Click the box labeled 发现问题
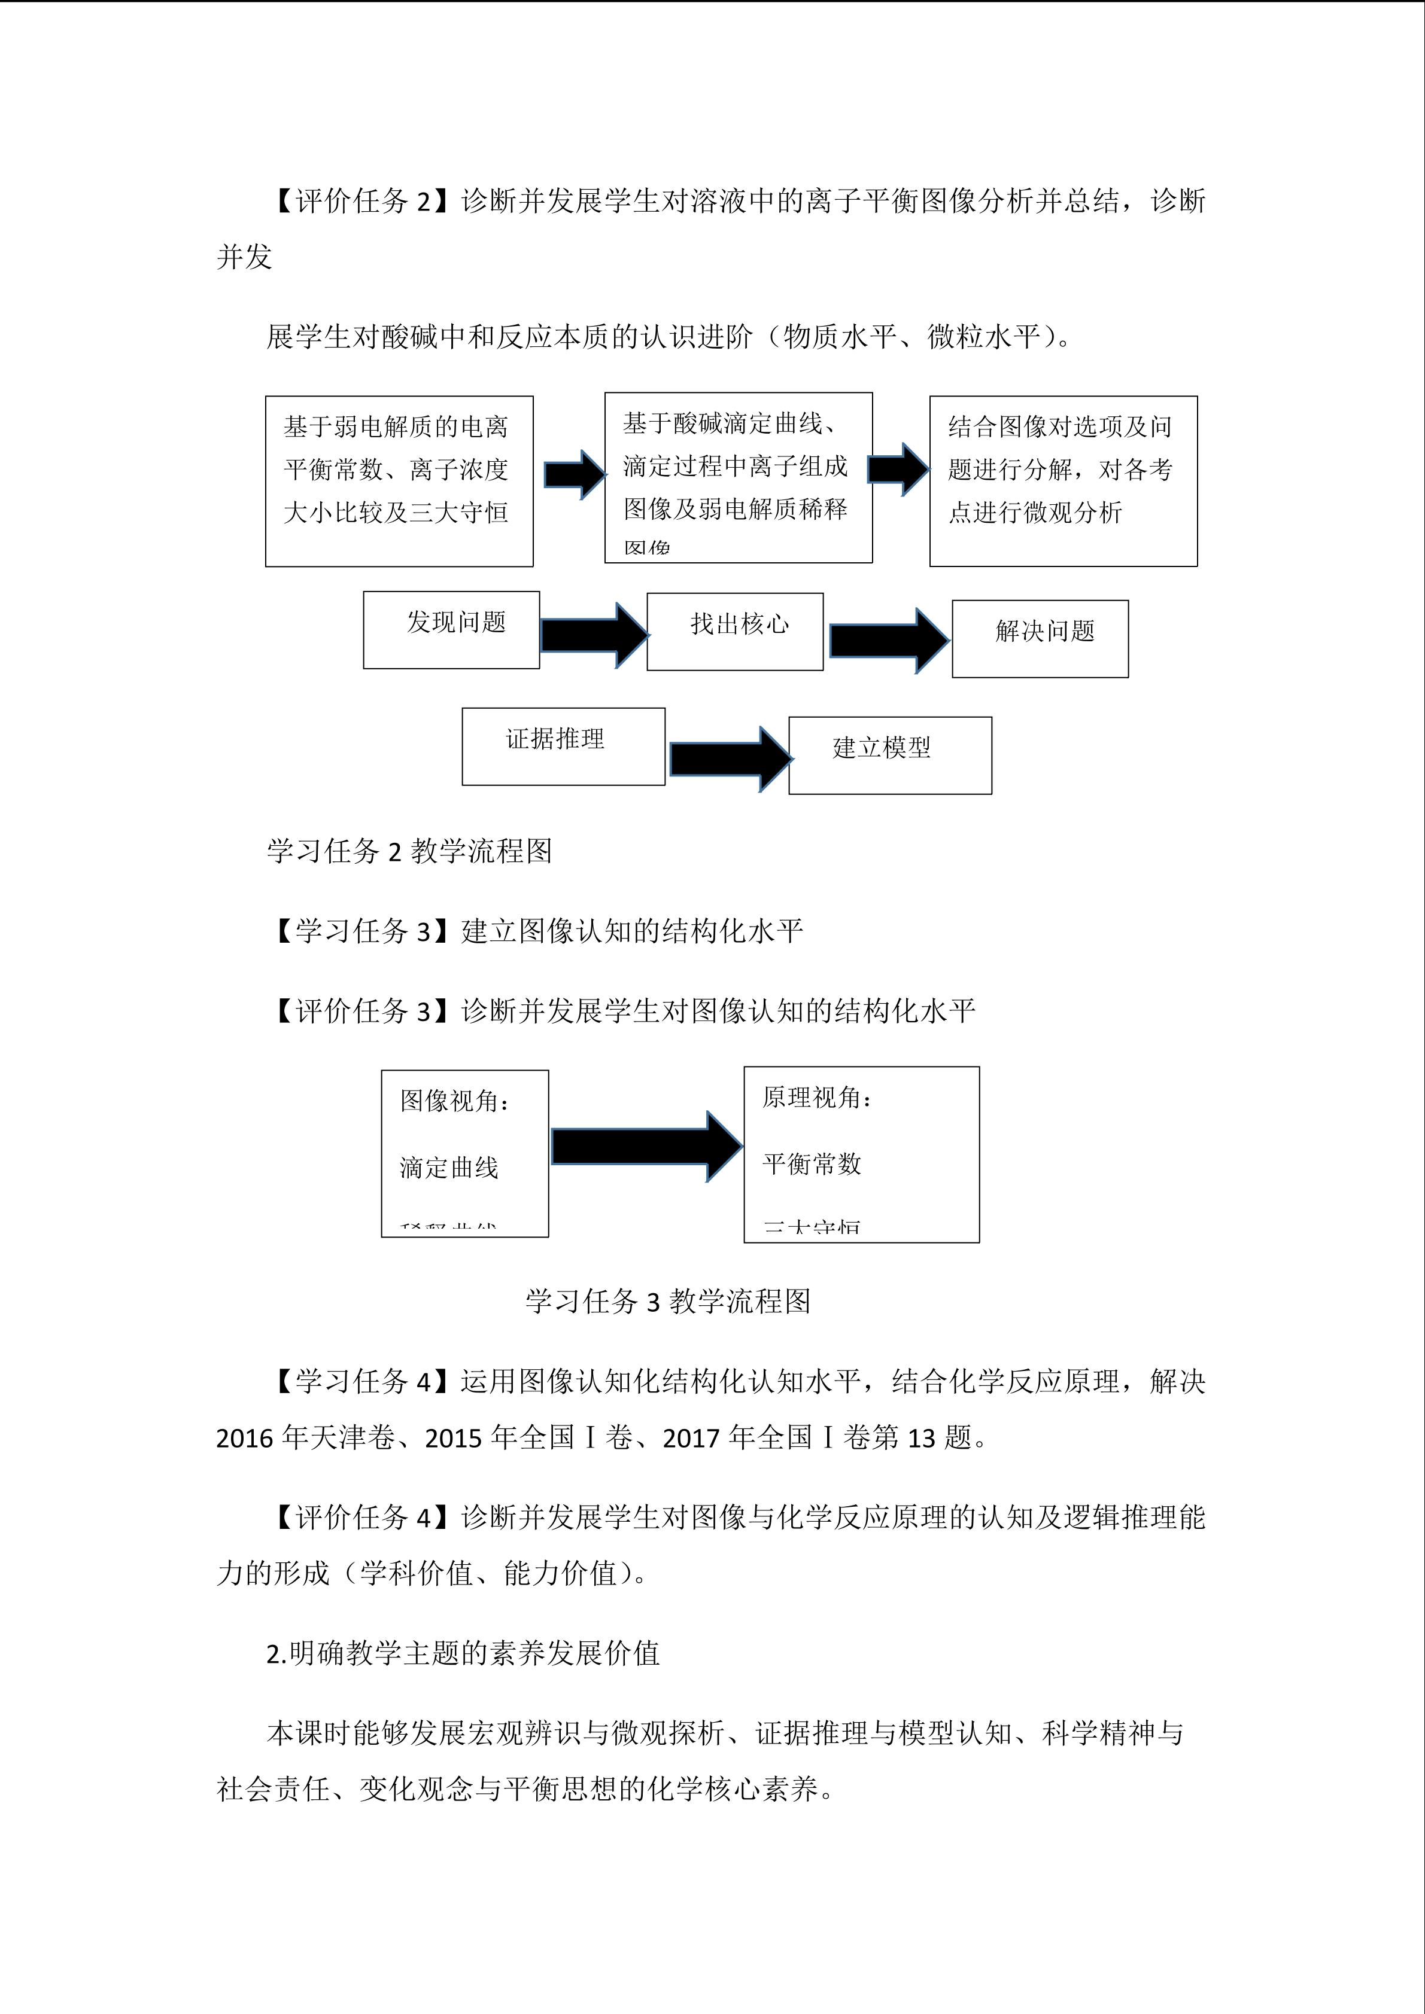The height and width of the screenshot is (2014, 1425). click(451, 630)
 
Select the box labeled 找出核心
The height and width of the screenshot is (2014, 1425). click(734, 632)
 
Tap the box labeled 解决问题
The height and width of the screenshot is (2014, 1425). click(1040, 639)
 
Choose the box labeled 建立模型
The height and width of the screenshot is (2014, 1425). click(890, 755)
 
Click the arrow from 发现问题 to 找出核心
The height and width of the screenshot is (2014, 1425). click(594, 635)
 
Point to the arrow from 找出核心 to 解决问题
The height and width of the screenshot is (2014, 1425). click(888, 641)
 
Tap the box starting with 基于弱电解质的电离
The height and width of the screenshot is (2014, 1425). click(399, 481)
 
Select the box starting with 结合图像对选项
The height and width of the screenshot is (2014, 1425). click(1064, 481)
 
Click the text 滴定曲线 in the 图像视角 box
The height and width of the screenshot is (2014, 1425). click(449, 1168)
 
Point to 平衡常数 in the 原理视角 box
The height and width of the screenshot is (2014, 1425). click(812, 1164)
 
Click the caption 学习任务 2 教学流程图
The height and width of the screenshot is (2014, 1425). click(409, 851)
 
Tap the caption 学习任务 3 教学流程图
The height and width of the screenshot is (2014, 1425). click(668, 1301)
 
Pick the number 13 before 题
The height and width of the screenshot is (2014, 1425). click(920, 1438)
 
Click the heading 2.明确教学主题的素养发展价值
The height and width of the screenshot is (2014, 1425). click(463, 1653)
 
